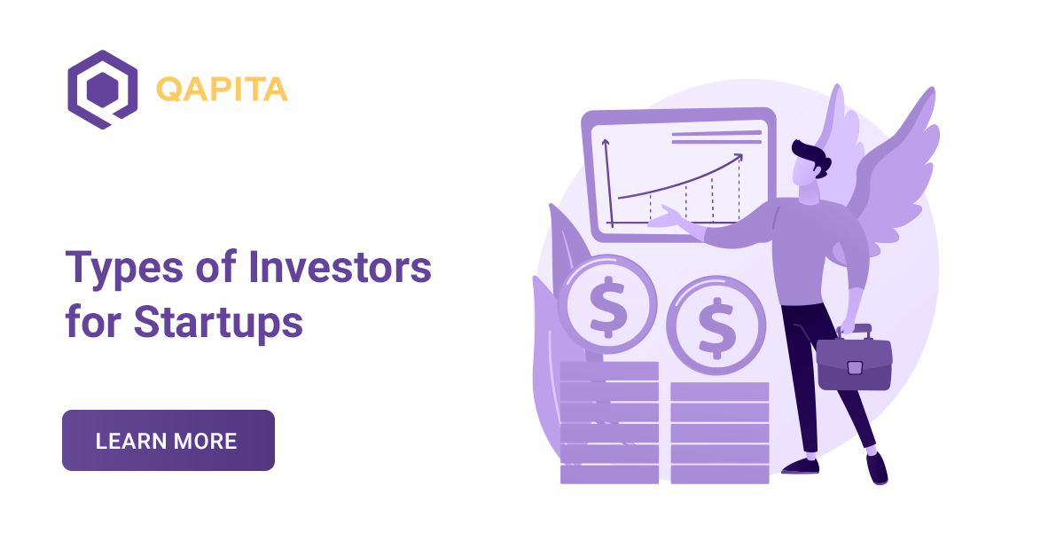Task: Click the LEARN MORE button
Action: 168,440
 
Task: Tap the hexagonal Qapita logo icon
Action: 102,90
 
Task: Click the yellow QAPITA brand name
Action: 222,90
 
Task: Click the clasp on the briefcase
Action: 854,366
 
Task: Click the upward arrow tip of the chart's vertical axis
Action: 606,142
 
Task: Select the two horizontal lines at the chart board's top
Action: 716,137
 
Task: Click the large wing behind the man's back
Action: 896,177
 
